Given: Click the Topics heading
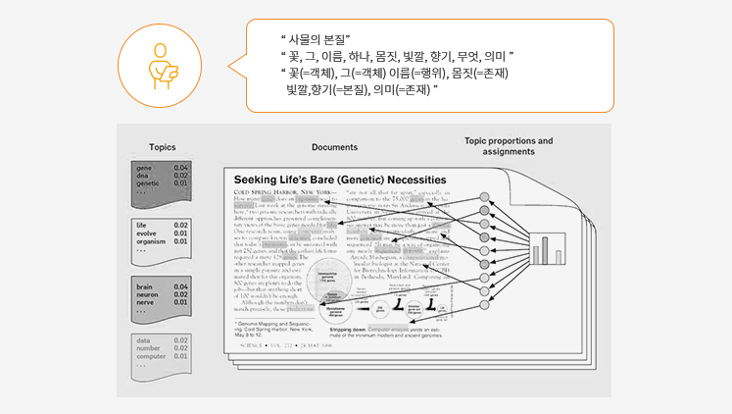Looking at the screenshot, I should click(x=163, y=147).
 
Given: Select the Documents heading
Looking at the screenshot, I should click(x=334, y=147).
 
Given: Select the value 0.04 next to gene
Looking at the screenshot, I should click(x=181, y=169).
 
